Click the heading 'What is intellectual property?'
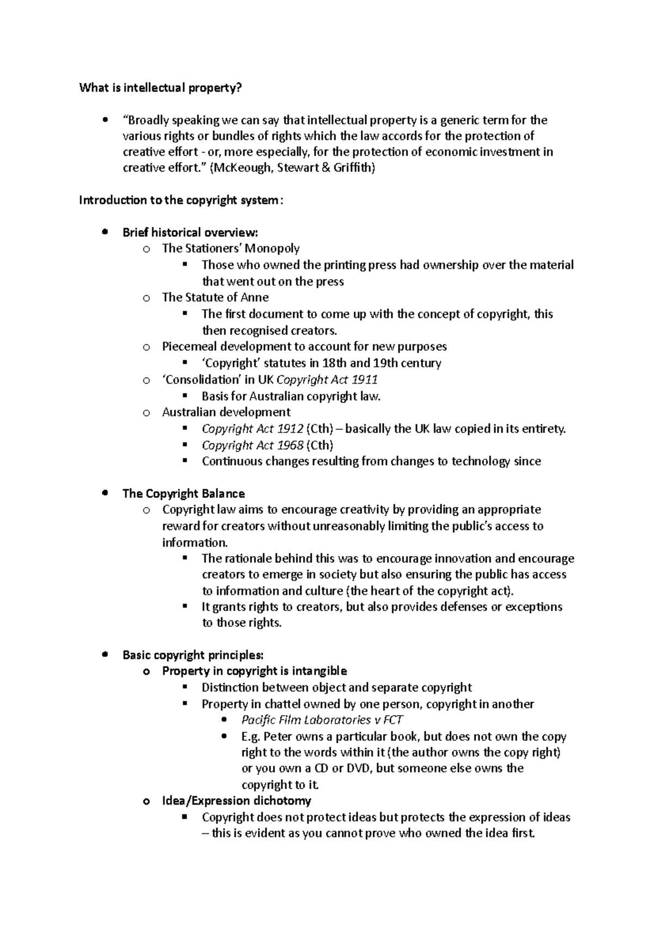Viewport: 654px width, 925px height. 159,88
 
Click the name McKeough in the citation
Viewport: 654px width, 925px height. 240,168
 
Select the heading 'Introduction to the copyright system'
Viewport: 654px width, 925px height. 180,200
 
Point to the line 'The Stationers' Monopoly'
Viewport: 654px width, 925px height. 231,248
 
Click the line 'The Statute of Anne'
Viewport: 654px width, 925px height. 215,297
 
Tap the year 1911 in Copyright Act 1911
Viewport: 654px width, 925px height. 365,380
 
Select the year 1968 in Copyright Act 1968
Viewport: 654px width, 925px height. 290,445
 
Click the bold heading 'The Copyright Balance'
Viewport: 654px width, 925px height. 184,494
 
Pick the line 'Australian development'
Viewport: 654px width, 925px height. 226,412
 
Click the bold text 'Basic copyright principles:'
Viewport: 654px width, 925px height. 193,655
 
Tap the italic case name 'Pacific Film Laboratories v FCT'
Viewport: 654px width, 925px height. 322,720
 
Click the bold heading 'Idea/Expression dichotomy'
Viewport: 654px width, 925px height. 237,801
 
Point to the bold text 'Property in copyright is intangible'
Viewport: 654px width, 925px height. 255,671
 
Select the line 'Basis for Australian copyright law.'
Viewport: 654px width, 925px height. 291,396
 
